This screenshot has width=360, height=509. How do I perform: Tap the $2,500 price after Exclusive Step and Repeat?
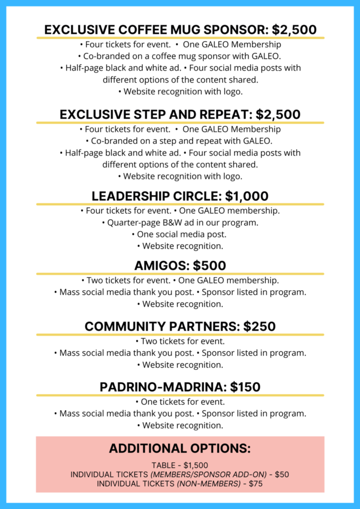[278, 115]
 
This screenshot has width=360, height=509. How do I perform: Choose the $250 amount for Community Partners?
[260, 327]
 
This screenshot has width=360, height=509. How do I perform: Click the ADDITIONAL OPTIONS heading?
[180, 448]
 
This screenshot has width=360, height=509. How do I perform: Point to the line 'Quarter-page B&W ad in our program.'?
[180, 223]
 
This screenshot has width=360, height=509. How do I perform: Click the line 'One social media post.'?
[180, 234]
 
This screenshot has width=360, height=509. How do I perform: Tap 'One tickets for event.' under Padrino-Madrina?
[180, 402]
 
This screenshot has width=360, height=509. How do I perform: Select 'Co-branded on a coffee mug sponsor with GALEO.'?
[180, 56]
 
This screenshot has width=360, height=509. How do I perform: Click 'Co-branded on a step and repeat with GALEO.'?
[180, 141]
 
